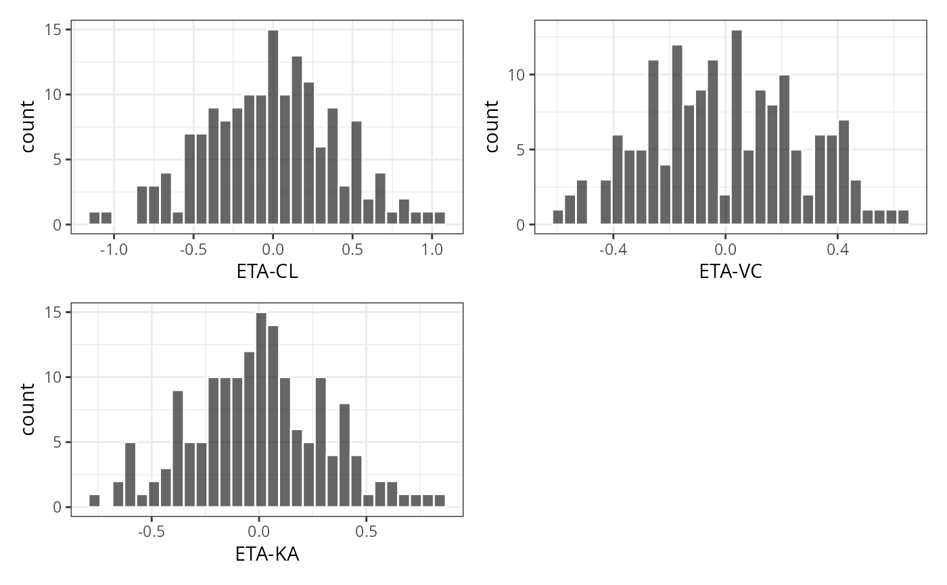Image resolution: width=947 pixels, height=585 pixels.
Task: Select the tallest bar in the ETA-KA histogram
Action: (x=261, y=410)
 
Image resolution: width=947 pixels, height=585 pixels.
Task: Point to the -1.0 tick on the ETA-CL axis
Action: (x=113, y=250)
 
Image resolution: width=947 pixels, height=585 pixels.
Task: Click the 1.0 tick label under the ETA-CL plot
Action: (x=432, y=250)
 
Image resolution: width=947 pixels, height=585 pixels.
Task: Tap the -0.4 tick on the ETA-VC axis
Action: (x=612, y=250)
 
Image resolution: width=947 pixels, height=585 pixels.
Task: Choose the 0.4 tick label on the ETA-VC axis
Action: (x=837, y=250)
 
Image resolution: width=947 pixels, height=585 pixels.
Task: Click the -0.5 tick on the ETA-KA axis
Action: (x=151, y=532)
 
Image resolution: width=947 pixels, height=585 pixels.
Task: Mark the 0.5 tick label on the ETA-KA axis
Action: (x=366, y=532)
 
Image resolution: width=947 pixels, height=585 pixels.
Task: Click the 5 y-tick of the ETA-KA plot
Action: (x=57, y=442)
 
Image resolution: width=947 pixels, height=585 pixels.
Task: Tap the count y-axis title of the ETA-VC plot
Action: (x=492, y=126)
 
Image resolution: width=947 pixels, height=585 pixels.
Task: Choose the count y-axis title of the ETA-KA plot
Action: (x=28, y=409)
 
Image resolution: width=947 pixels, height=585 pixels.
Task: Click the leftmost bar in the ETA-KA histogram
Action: (x=95, y=501)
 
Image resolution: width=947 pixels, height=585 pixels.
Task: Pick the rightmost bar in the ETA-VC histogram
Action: (x=903, y=217)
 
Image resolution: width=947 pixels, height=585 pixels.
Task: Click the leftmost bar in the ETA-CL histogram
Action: (x=95, y=218)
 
